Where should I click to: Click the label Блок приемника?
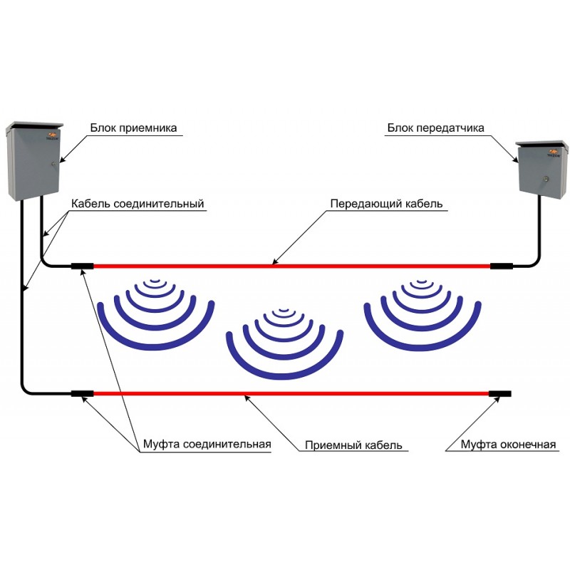point(133,128)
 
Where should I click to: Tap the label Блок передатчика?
point(435,128)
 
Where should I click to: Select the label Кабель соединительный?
point(138,204)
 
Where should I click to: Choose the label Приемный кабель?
point(353,445)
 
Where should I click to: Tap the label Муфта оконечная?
point(507,445)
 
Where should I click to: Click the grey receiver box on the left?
point(31,160)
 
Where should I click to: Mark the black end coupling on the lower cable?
point(499,393)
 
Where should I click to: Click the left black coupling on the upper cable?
point(83,266)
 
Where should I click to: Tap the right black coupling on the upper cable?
point(501,266)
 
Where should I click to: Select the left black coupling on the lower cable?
point(82,393)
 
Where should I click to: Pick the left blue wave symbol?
point(155,313)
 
